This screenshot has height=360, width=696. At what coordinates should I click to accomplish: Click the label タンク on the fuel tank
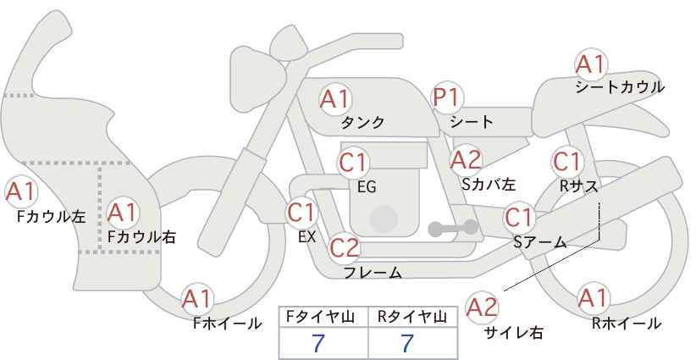click(362, 122)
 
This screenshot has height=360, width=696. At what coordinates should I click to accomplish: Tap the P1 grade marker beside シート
click(447, 97)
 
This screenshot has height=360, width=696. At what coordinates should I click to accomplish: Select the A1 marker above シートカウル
click(591, 64)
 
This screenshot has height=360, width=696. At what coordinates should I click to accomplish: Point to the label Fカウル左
click(51, 216)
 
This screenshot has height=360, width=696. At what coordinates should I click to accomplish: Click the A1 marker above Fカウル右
click(123, 213)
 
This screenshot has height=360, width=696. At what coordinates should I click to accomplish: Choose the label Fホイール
click(227, 324)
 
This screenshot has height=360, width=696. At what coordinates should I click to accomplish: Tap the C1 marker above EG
click(353, 163)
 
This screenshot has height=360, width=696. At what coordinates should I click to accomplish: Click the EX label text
click(307, 237)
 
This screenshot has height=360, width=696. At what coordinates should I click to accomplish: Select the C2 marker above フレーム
click(344, 247)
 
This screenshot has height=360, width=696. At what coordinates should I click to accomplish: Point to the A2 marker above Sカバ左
click(466, 160)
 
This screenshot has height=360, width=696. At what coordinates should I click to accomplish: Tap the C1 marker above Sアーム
click(518, 218)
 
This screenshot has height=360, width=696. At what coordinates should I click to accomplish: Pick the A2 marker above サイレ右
click(483, 307)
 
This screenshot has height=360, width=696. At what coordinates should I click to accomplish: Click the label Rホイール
click(627, 324)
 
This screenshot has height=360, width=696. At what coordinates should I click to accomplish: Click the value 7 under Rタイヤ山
click(407, 343)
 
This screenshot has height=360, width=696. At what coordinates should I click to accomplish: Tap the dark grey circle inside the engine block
click(384, 219)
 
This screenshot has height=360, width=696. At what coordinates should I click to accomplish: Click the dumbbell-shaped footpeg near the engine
click(453, 228)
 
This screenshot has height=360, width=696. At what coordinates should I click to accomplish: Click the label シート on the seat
click(471, 122)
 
